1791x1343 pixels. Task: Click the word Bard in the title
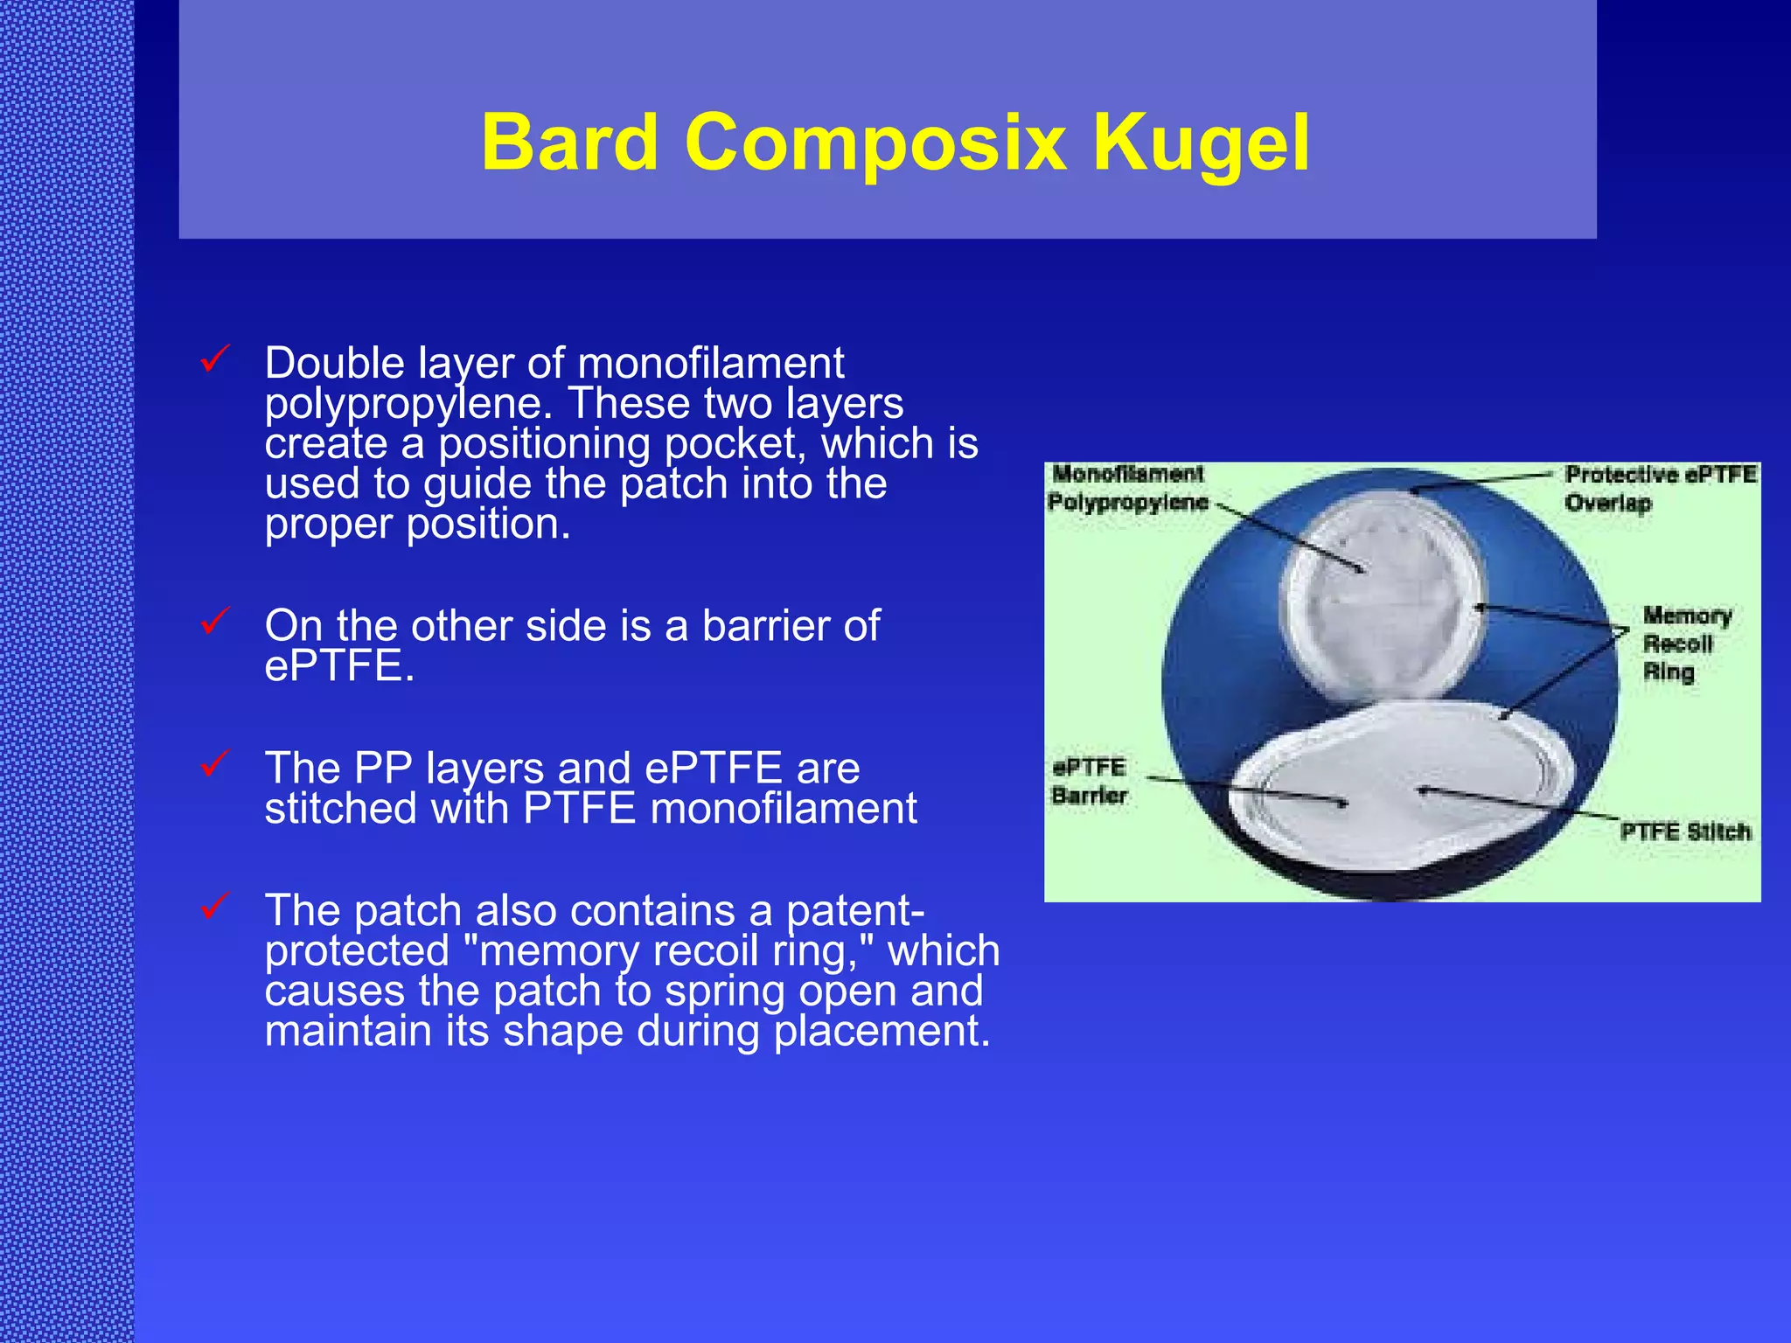point(569,143)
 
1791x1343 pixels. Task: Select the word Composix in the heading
point(875,143)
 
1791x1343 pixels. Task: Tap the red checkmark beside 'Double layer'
point(214,358)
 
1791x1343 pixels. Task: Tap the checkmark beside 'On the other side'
point(214,621)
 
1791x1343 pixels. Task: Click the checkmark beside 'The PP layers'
point(214,763)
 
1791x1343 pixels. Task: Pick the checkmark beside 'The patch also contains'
point(214,906)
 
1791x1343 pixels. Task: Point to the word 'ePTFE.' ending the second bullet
point(339,666)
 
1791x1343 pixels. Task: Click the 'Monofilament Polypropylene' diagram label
point(1127,488)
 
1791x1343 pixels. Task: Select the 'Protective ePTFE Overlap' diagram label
point(1659,488)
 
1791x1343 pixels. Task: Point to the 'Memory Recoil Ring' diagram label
point(1685,644)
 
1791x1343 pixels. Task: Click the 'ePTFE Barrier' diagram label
point(1089,781)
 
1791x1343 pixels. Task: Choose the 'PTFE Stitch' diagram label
point(1685,832)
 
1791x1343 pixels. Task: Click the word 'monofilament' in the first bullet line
point(711,364)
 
